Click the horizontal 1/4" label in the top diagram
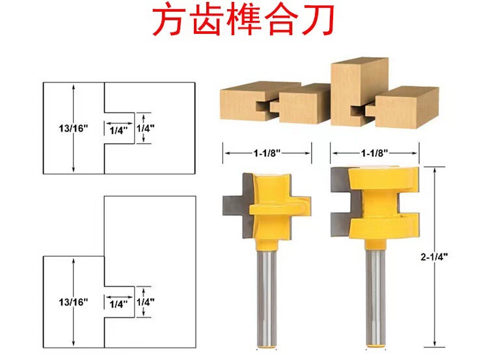pyautogui.click(x=119, y=130)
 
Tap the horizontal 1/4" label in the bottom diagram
pyautogui.click(x=119, y=303)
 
